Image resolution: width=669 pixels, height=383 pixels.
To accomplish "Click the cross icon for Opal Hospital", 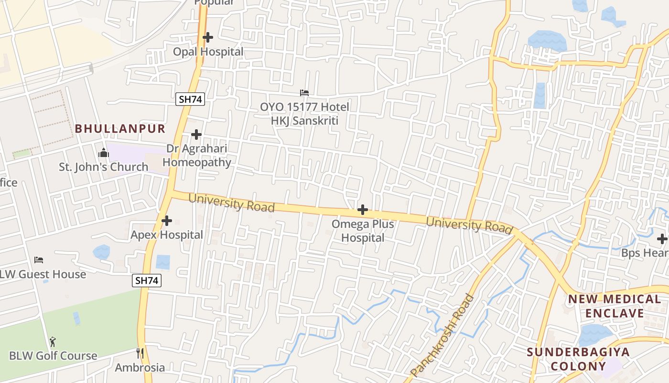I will [x=208, y=37].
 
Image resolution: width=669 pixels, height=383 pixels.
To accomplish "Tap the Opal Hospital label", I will [x=208, y=52].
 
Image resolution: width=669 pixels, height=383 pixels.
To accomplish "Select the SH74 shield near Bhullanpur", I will [x=190, y=99].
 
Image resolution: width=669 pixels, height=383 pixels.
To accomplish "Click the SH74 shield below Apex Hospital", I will [x=147, y=281].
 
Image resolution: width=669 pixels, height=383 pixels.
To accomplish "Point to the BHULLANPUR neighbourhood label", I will [x=120, y=129].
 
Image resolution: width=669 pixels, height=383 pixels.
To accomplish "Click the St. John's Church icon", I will [x=103, y=153].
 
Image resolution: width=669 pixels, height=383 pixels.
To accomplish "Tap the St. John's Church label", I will [x=103, y=167].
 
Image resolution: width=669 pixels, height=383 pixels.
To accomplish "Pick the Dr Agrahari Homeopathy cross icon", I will [x=196, y=135].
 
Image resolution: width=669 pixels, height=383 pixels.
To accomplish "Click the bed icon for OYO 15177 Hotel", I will [x=304, y=92].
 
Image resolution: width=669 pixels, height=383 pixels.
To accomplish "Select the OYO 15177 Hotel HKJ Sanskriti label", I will [x=304, y=113].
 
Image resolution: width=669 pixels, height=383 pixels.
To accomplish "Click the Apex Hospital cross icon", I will [x=167, y=221].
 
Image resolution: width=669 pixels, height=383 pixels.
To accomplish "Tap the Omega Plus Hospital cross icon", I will [x=363, y=210].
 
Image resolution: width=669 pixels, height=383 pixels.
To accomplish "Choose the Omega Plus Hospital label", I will [x=363, y=231].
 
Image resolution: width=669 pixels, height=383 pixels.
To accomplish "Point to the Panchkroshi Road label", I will [x=442, y=335].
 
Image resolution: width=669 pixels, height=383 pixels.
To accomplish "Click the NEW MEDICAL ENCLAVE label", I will [x=614, y=306].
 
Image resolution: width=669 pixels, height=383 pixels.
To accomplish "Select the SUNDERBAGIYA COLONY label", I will [x=578, y=359].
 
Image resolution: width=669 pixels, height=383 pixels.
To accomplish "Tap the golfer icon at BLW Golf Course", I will [x=53, y=342].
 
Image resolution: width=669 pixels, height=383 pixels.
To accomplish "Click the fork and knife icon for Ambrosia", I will [x=140, y=353].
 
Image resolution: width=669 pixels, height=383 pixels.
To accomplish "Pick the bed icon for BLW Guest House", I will [x=39, y=260].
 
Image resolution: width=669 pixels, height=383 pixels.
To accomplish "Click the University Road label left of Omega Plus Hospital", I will [x=232, y=202].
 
